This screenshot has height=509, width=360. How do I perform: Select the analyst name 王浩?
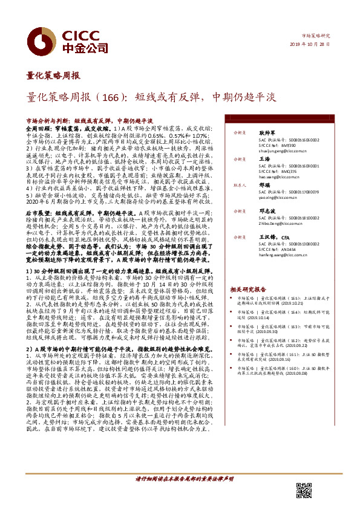[263, 159]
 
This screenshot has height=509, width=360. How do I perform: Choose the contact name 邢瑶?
[263, 186]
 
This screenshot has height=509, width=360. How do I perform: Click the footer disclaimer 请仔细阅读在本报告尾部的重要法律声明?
[184, 495]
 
